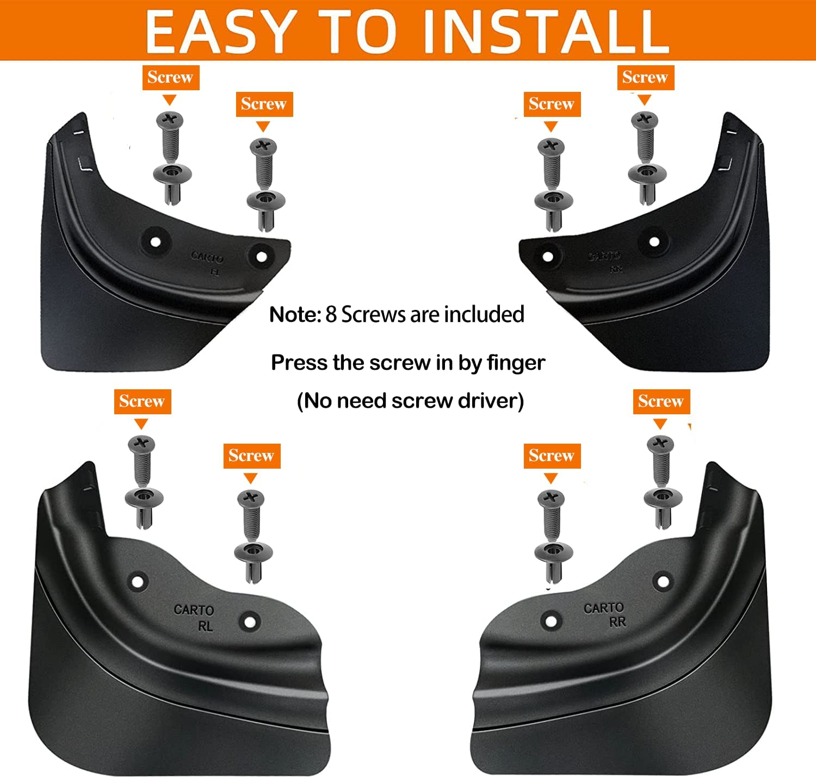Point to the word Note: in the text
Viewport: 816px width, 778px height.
pyautogui.click(x=295, y=315)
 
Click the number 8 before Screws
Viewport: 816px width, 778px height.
pyautogui.click(x=331, y=315)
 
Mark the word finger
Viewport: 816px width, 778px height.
pyautogui.click(x=516, y=363)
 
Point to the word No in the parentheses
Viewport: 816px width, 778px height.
pyautogui.click(x=318, y=401)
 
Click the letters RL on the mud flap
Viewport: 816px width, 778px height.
pyautogui.click(x=205, y=626)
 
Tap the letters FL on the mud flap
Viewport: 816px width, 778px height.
pyautogui.click(x=215, y=272)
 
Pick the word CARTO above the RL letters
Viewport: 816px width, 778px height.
pyautogui.click(x=194, y=610)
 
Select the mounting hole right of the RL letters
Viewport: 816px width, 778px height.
pyautogui.click(x=249, y=621)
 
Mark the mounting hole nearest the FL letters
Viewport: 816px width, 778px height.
pyautogui.click(x=261, y=256)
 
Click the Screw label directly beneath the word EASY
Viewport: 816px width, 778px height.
pyautogui.click(x=170, y=77)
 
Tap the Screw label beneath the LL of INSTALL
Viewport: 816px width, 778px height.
pyautogui.click(x=645, y=77)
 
